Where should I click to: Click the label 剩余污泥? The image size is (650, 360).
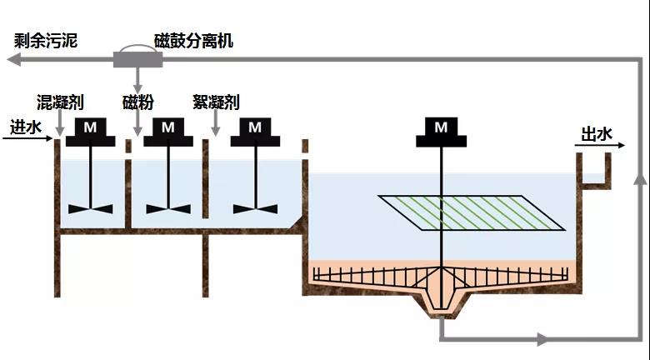(x=46, y=40)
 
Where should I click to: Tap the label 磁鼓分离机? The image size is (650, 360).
(x=194, y=40)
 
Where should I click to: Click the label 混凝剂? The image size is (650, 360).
(x=60, y=102)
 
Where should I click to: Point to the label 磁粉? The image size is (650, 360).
(x=138, y=102)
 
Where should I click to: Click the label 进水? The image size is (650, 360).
(x=25, y=127)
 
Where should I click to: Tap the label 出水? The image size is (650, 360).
(x=595, y=134)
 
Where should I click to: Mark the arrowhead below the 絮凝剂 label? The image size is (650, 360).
(x=216, y=131)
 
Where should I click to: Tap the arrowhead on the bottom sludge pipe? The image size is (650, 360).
(x=542, y=339)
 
